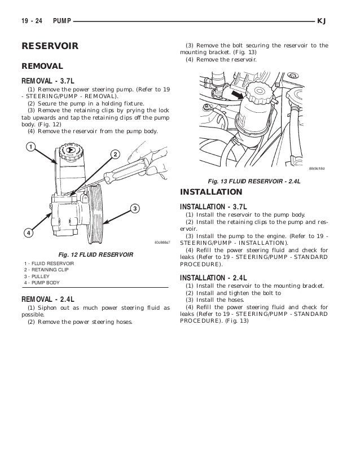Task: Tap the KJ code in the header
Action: [x=323, y=21]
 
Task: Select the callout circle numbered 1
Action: [x=27, y=148]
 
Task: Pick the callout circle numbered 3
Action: [x=135, y=209]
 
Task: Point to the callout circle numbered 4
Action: [x=27, y=232]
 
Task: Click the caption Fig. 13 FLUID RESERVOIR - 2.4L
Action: [x=253, y=182]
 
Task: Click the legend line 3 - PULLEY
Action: [x=38, y=277]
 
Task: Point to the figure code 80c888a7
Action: [x=163, y=243]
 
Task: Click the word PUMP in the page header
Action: [x=62, y=21]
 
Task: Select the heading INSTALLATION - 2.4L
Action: [x=214, y=278]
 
